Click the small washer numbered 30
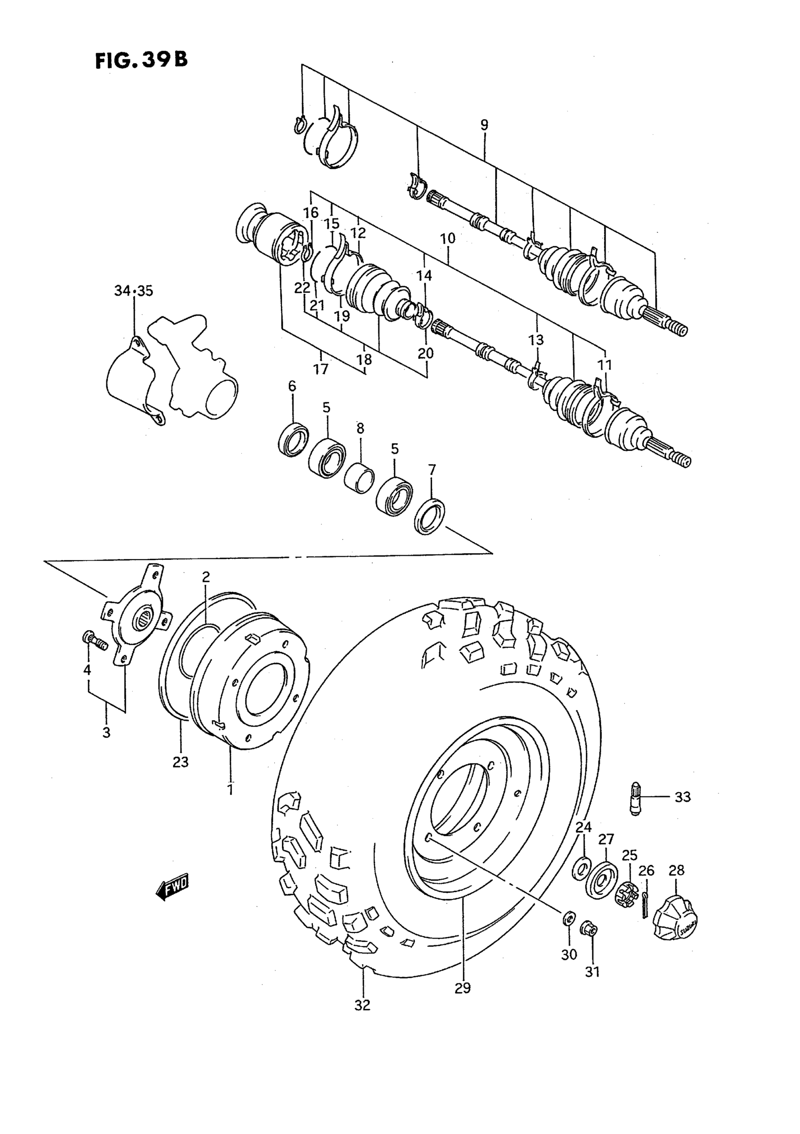pyautogui.click(x=568, y=918)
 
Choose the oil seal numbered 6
pyautogui.click(x=294, y=438)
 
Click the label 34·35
pyautogui.click(x=133, y=291)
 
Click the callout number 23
pyautogui.click(x=181, y=762)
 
